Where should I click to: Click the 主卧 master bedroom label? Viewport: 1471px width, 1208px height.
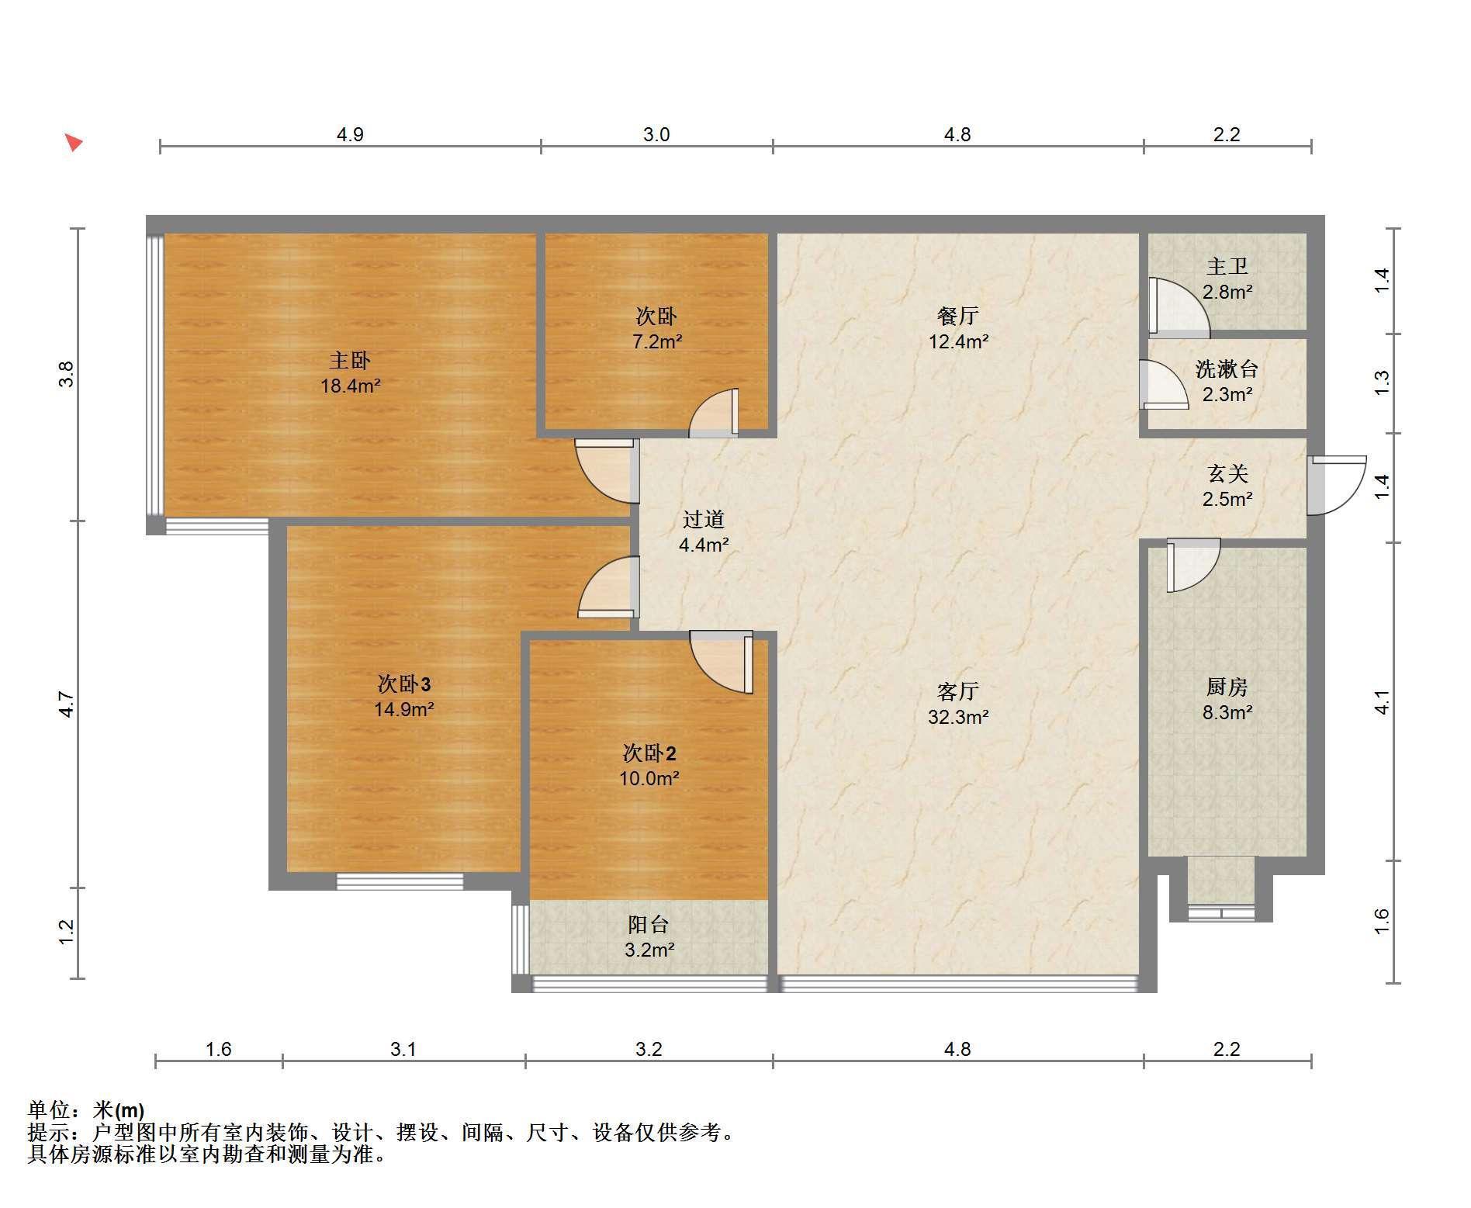(350, 361)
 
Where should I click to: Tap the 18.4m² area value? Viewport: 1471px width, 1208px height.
(351, 386)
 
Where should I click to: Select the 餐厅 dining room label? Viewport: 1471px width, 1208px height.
(958, 316)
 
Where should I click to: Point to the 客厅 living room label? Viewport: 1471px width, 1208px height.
(958, 691)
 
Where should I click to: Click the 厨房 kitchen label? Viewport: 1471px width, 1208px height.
(1227, 687)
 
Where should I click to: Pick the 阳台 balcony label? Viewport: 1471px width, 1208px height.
(649, 924)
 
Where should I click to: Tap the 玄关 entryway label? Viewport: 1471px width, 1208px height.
(1227, 473)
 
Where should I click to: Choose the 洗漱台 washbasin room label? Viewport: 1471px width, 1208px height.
(1227, 369)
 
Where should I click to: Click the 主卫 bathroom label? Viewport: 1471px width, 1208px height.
(1227, 267)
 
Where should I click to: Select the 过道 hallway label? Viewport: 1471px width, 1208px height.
(704, 519)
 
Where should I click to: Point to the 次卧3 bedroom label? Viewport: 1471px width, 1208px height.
(404, 684)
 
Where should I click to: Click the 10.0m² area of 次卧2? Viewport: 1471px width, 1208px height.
(649, 778)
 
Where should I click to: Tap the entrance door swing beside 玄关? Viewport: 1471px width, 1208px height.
(1336, 486)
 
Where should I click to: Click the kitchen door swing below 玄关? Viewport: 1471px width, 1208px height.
(1193, 565)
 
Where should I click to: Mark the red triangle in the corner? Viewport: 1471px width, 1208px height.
(73, 143)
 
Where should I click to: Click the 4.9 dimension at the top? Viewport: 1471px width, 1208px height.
(350, 134)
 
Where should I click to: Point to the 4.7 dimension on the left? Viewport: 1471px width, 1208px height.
(67, 704)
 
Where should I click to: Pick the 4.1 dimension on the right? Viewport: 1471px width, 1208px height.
(1382, 702)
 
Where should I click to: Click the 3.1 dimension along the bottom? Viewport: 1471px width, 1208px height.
(403, 1050)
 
